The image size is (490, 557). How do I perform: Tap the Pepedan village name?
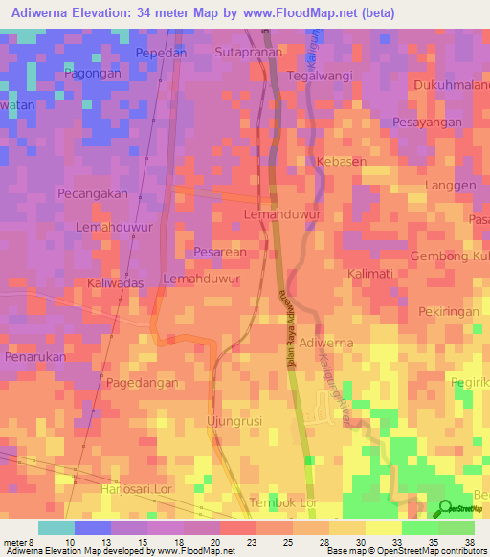(161, 53)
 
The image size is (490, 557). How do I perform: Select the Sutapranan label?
(249, 52)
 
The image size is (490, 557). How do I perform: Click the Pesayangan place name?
(426, 123)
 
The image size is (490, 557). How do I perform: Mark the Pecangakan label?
(93, 193)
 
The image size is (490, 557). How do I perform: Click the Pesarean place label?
(220, 253)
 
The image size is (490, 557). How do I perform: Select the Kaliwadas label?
(115, 284)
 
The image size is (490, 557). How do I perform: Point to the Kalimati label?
(370, 274)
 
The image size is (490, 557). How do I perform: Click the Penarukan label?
(34, 356)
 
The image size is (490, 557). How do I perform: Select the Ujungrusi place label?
(234, 421)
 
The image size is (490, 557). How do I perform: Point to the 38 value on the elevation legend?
(470, 540)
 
